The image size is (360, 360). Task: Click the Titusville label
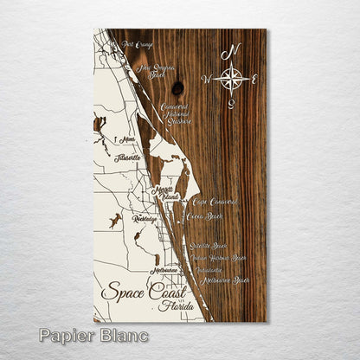pyautogui.click(x=126, y=158)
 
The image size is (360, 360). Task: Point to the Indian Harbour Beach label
pyautogui.click(x=219, y=258)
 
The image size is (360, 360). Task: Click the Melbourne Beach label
pyautogui.click(x=223, y=280)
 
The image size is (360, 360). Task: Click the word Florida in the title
pyautogui.click(x=175, y=306)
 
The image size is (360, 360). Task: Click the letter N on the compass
pyautogui.click(x=230, y=55)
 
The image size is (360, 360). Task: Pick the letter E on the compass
pyautogui.click(x=256, y=79)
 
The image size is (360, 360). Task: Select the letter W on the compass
pyautogui.click(x=206, y=80)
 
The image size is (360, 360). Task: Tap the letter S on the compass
pyautogui.click(x=231, y=105)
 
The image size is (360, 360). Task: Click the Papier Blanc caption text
pyautogui.click(x=93, y=336)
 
